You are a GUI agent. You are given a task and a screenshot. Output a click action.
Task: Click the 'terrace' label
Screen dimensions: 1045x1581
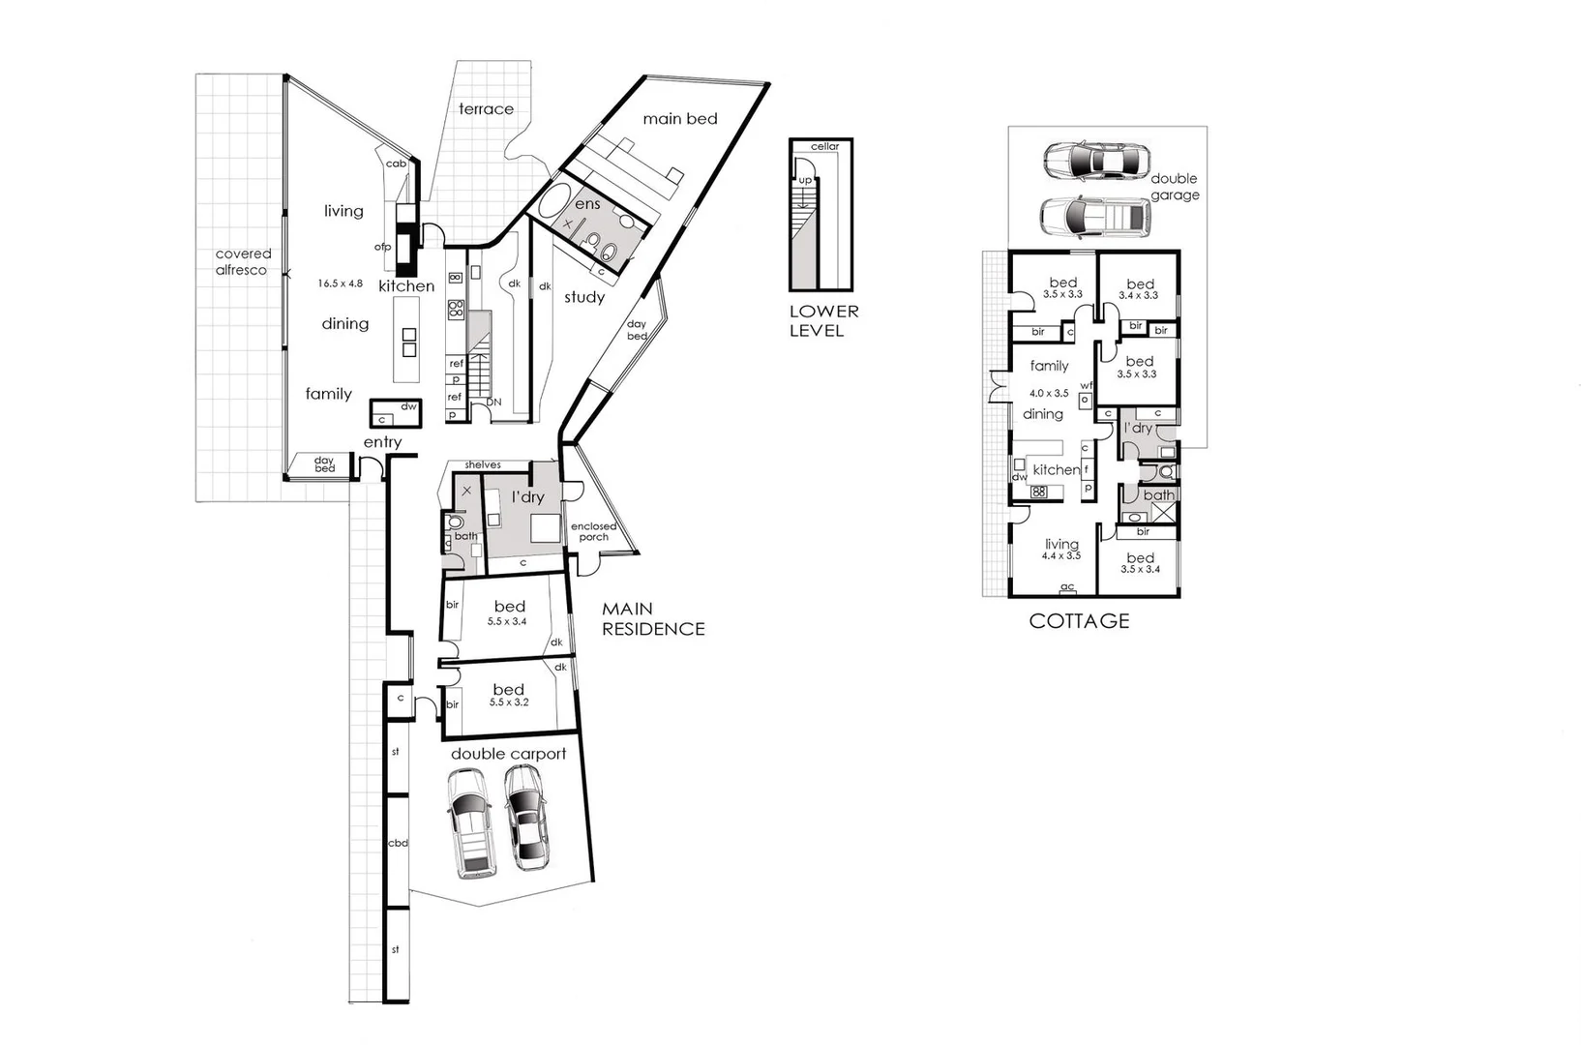[x=486, y=109]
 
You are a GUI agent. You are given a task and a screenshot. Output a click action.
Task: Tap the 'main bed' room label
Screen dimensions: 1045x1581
[x=680, y=119]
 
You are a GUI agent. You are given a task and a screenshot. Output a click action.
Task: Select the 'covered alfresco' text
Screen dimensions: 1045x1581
[x=242, y=262]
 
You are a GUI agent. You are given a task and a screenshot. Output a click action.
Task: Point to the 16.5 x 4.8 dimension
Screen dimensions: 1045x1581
[x=340, y=284]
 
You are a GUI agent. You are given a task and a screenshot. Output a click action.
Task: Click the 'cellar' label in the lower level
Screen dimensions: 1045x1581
[x=824, y=147]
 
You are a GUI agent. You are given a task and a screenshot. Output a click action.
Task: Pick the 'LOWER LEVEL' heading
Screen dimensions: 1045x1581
[x=822, y=320]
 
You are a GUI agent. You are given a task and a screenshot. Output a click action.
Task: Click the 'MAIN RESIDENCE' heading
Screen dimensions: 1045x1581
[x=653, y=619]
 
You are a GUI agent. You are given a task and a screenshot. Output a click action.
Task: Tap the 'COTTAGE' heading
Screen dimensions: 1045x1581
[x=1079, y=621]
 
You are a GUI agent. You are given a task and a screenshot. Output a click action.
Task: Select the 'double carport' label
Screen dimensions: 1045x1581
[x=508, y=754]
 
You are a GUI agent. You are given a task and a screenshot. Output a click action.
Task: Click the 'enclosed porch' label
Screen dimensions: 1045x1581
[x=593, y=531]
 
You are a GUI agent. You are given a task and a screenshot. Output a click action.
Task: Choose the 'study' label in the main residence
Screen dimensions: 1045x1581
[x=584, y=297]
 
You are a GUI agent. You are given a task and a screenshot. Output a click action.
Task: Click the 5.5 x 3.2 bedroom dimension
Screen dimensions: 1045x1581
[x=509, y=702]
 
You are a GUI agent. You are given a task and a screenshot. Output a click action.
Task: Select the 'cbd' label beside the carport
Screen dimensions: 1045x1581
[x=397, y=843]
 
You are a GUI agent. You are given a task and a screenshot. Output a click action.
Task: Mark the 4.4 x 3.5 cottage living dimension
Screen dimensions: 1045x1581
[x=1061, y=556]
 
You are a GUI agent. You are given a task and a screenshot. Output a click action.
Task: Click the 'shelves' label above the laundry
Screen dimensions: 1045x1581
[x=483, y=465]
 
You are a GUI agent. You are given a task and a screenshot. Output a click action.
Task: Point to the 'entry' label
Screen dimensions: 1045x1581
[x=382, y=442]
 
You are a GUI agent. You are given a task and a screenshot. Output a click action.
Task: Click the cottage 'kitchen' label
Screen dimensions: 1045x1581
[x=1056, y=470]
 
